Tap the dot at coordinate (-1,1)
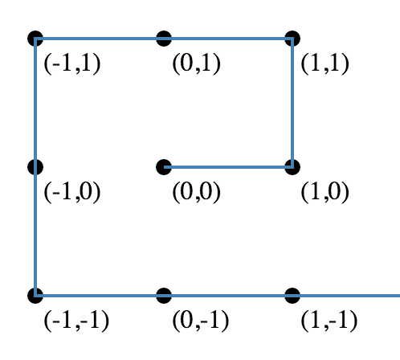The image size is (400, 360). pyautogui.click(x=35, y=39)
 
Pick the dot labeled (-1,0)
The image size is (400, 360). pyautogui.click(x=35, y=167)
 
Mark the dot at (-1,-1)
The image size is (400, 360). pyautogui.click(x=35, y=296)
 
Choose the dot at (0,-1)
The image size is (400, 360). pyautogui.click(x=164, y=296)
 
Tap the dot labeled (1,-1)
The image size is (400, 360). pyautogui.click(x=292, y=296)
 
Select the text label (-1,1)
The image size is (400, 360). pyautogui.click(x=72, y=63)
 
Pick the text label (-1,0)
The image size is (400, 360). pyautogui.click(x=72, y=192)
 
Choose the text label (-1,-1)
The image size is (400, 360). pyautogui.click(x=76, y=321)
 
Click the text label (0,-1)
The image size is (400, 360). pyautogui.click(x=201, y=321)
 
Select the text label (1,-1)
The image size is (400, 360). pyautogui.click(x=329, y=321)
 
